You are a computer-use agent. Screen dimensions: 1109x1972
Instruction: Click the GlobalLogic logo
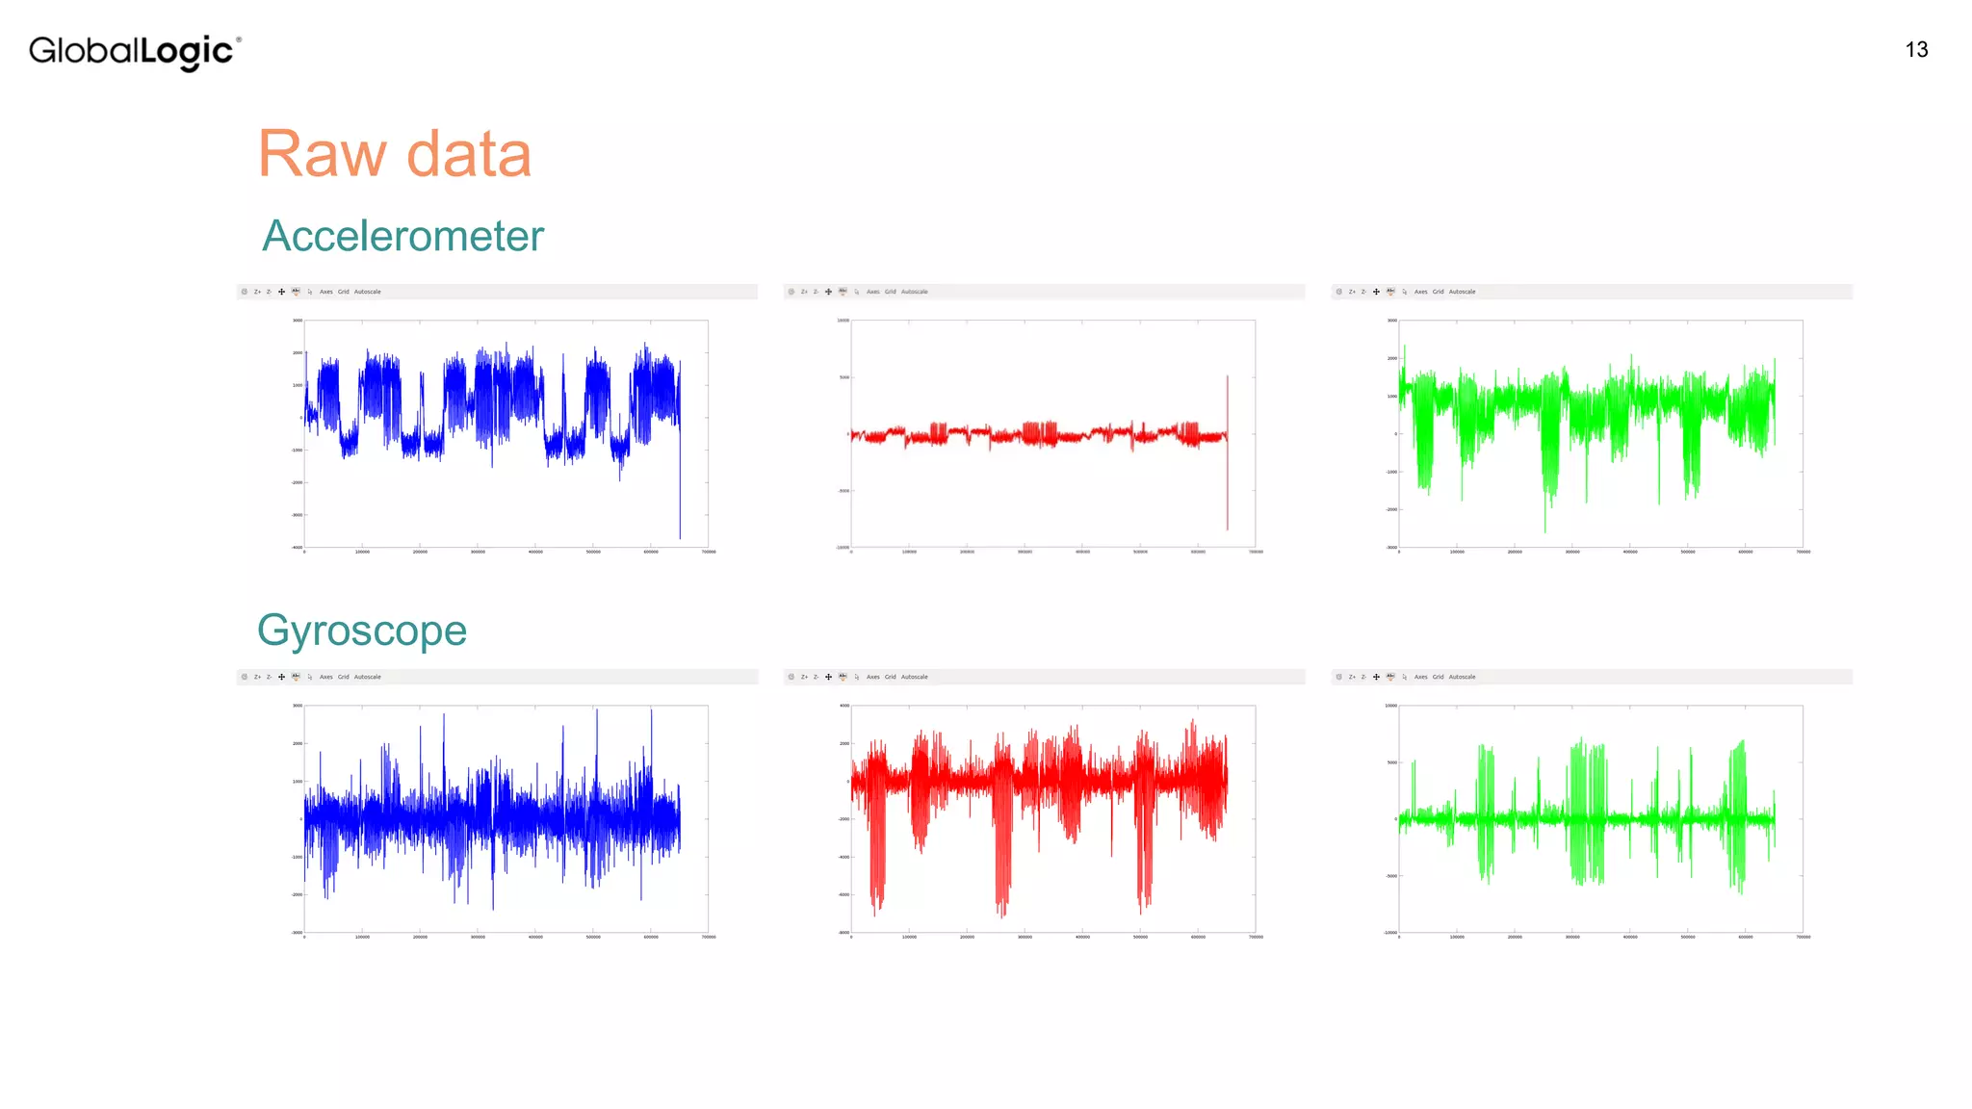tap(134, 51)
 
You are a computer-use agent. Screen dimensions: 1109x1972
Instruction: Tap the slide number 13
tap(1916, 50)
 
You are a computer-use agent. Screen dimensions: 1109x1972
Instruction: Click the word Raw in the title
tap(322, 154)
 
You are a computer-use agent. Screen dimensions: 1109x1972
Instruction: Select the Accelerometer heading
tap(402, 236)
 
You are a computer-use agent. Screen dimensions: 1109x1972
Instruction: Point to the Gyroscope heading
tap(362, 631)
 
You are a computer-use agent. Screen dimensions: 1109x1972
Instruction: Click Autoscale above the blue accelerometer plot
tap(367, 292)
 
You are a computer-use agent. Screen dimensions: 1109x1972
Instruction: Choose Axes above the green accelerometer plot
tap(1420, 292)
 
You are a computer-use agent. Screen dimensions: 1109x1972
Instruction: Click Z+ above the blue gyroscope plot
tap(257, 677)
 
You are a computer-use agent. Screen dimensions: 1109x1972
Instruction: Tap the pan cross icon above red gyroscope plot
tap(828, 677)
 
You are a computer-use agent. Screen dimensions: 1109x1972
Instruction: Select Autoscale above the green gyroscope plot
tap(1462, 677)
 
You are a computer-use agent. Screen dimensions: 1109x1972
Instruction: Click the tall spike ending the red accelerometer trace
tap(1227, 452)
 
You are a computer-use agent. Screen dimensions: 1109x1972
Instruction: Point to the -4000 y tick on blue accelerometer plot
tap(298, 548)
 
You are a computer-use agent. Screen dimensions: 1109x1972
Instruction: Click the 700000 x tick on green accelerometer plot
tap(1803, 553)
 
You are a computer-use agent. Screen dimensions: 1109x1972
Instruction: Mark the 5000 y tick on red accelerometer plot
tap(844, 377)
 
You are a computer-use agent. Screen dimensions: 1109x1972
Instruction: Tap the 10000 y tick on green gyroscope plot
tap(1390, 706)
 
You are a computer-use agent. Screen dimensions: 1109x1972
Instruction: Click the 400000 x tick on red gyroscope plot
tap(1082, 938)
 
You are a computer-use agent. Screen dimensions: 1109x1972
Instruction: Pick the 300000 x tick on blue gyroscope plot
tap(478, 938)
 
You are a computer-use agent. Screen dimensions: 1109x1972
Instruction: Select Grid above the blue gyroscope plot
tap(343, 677)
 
